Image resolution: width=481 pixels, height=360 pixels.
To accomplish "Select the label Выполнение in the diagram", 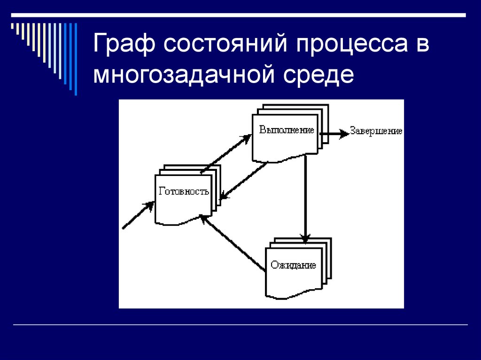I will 287,130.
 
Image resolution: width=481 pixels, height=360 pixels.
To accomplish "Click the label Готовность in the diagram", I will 184,191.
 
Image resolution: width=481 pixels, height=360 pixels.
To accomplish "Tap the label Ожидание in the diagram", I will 293,265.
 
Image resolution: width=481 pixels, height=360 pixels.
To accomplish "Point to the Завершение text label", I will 376,131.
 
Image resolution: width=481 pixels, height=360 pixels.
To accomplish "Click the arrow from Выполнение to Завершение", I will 334,133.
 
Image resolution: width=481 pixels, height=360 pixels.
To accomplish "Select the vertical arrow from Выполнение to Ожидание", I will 305,197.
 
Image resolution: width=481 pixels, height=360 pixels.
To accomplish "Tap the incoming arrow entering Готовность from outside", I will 138,216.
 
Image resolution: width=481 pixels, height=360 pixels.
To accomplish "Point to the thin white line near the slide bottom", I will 240,325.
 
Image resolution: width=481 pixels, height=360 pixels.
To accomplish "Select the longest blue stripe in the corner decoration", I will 76,59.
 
